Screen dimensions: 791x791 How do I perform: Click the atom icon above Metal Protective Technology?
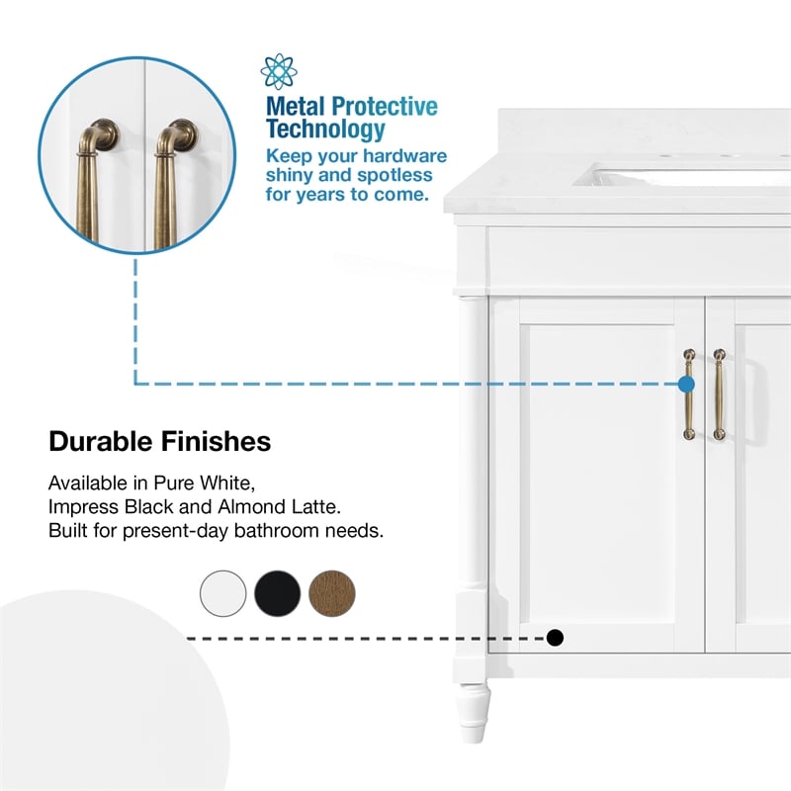point(279,71)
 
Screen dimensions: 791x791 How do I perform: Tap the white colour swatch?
point(223,593)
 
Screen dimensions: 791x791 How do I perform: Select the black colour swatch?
point(278,593)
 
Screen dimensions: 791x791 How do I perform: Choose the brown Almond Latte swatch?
point(332,593)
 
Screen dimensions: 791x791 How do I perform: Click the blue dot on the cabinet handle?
point(686,385)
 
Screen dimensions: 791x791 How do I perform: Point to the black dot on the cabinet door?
point(555,638)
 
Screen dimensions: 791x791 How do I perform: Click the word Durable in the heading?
point(101,441)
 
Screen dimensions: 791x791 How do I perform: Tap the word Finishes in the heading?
point(216,441)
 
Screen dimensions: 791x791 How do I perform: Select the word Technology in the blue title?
point(325,130)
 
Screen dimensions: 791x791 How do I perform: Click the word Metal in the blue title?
point(295,107)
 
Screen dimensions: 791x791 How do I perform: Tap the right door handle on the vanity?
point(719,394)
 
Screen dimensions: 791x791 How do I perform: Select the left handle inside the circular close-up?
point(96,182)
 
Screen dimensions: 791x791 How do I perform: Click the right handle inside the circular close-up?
point(174,182)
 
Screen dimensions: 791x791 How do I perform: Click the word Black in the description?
point(149,506)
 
